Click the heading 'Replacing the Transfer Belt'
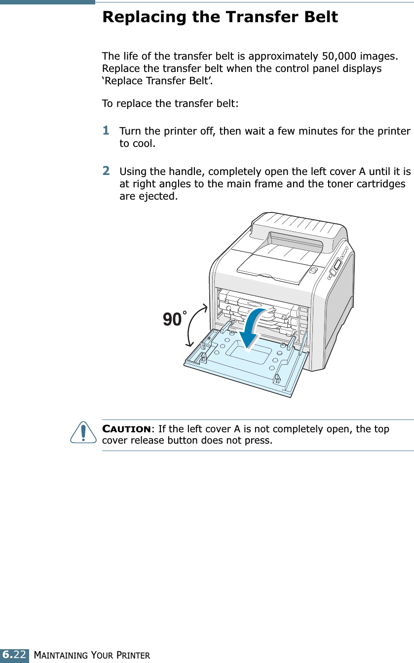coord(220,17)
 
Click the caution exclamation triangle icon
coord(83,432)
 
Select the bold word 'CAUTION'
coord(126,429)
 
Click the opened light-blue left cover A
coord(247,365)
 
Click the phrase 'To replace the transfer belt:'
coord(170,104)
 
